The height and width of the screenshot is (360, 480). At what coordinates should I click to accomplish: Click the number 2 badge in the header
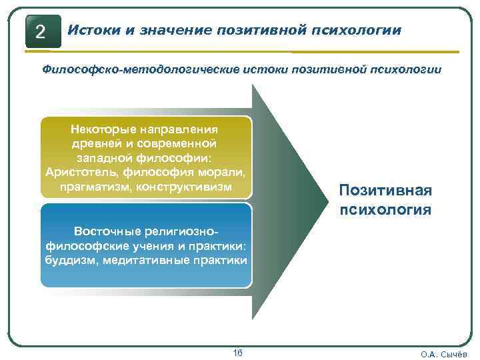(x=42, y=31)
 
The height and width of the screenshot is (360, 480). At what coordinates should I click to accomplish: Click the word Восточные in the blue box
(x=105, y=231)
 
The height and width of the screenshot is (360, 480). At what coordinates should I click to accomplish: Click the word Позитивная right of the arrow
(x=385, y=191)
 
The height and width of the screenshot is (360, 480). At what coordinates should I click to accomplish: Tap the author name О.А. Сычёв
(x=444, y=354)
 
